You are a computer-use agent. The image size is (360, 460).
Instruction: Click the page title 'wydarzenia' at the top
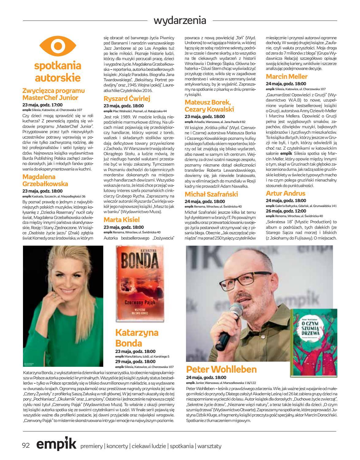pos(180,21)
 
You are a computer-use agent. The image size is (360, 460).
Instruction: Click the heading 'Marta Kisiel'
pos(121,220)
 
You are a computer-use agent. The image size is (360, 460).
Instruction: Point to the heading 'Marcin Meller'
pos(286,76)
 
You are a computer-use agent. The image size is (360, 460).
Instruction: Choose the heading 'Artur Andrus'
pos(285,193)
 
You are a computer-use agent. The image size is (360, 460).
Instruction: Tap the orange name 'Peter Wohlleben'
pos(222,369)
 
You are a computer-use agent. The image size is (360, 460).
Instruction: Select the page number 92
pos(25,446)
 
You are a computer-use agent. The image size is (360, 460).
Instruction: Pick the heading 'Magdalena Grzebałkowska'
pos(45,180)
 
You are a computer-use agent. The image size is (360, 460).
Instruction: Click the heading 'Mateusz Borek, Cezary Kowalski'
pos(209,105)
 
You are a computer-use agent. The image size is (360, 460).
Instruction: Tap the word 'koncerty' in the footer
pos(117,447)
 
